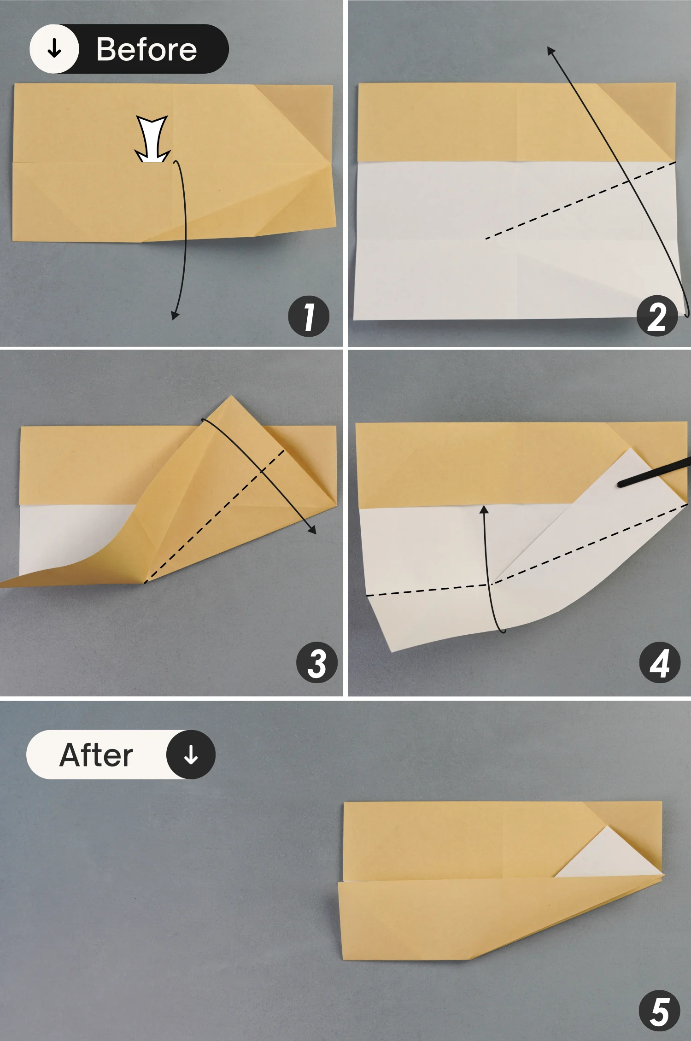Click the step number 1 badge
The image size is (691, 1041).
click(x=309, y=316)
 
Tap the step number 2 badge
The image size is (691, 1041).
click(x=657, y=316)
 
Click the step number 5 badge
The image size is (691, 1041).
click(x=660, y=1011)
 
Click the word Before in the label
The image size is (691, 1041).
click(x=146, y=49)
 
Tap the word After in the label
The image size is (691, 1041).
click(x=96, y=755)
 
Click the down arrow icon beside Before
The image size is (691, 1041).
click(x=54, y=48)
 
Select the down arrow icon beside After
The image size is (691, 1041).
click(x=191, y=755)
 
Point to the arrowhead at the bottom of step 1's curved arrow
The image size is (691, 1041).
click(x=175, y=316)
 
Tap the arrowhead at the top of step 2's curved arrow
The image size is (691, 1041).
click(x=551, y=51)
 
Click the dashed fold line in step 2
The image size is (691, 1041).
click(x=580, y=200)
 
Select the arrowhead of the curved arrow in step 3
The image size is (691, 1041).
click(x=313, y=530)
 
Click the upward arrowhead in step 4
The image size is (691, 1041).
click(x=484, y=509)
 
